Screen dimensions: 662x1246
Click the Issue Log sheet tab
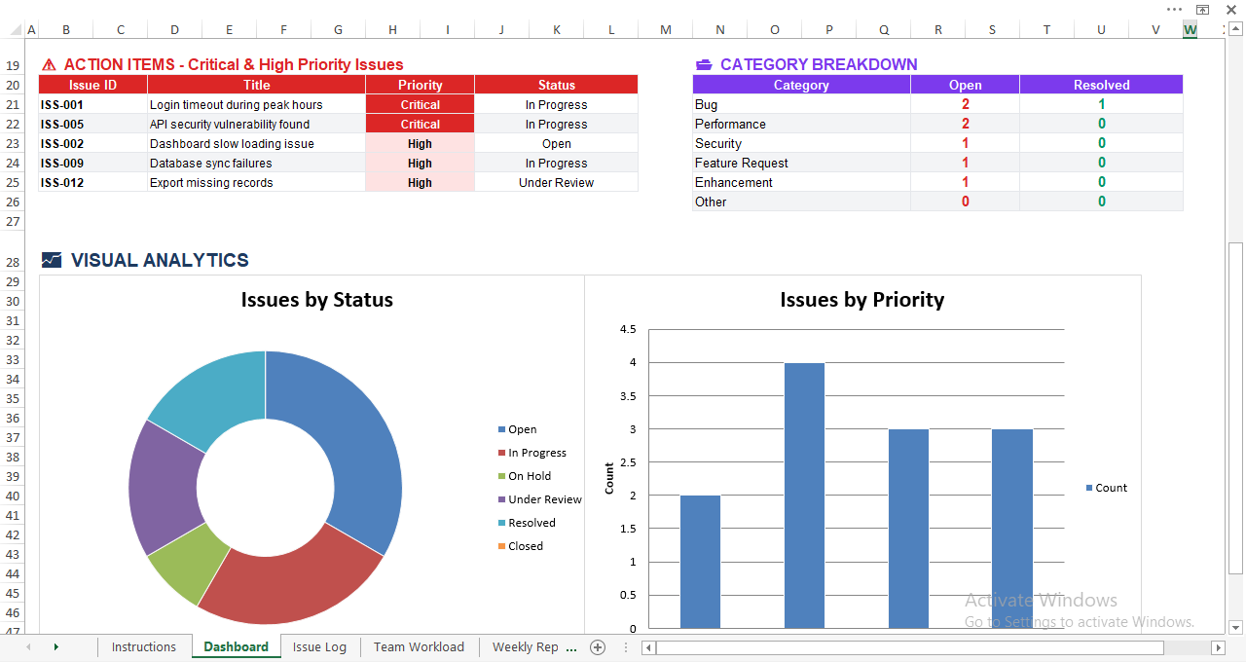click(x=319, y=647)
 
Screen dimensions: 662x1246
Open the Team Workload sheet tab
click(x=419, y=647)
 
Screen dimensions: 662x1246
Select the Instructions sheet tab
click(x=144, y=647)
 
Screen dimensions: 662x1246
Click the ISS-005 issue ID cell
click(x=62, y=125)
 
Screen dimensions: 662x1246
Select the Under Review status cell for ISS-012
click(x=556, y=183)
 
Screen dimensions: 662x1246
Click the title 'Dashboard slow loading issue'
click(x=232, y=144)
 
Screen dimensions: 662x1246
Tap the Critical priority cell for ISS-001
click(x=420, y=105)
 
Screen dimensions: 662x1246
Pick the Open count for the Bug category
click(x=965, y=105)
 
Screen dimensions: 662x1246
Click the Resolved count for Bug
click(x=1101, y=105)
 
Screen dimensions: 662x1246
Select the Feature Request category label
click(x=742, y=164)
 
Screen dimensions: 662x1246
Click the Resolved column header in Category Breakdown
click(x=1101, y=86)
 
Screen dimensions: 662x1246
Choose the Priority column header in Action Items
click(x=420, y=86)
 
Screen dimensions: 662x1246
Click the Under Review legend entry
click(x=544, y=499)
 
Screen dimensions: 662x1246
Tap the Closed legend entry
click(x=525, y=546)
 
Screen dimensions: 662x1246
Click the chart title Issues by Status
click(x=316, y=300)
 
